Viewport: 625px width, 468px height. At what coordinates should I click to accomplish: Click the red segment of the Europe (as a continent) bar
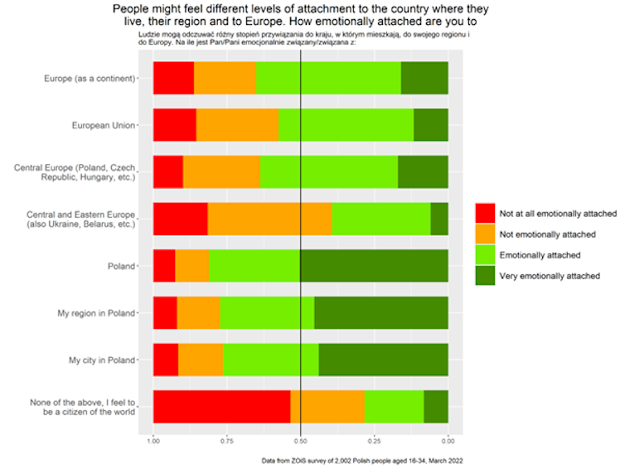[x=173, y=78]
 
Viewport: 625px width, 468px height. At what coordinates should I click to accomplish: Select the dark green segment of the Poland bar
[x=374, y=266]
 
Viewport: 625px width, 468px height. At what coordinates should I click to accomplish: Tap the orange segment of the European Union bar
[x=237, y=125]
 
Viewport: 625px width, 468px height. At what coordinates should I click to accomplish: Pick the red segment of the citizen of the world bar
[x=221, y=407]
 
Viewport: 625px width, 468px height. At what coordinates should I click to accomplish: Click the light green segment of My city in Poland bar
[x=271, y=359]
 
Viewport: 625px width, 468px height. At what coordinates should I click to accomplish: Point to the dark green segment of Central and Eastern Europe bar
[x=439, y=219]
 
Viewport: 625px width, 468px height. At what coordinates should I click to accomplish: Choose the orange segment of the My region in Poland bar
[x=198, y=313]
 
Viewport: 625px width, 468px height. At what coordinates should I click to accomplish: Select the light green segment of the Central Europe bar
[x=329, y=172]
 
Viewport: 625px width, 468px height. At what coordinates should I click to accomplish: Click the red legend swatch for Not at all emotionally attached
[x=486, y=213]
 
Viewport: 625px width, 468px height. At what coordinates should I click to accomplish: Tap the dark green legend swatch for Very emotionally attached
[x=486, y=276]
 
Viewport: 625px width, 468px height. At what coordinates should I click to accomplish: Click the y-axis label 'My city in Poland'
[x=101, y=360]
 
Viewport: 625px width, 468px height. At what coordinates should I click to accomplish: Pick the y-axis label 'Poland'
[x=121, y=267]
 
